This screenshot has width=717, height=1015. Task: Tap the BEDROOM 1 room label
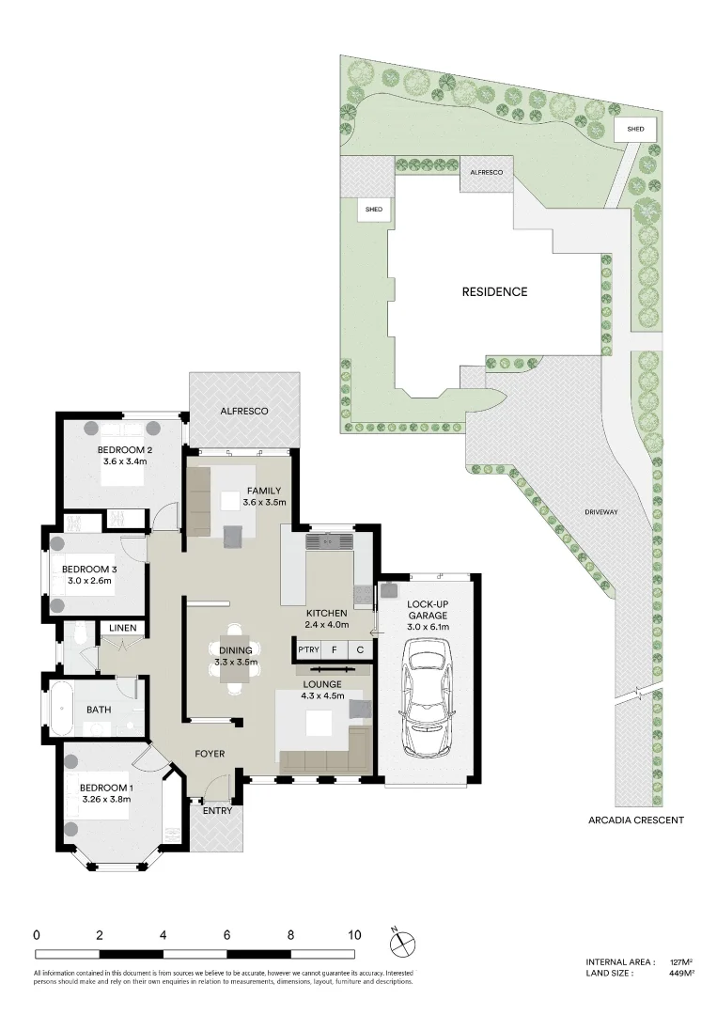106,788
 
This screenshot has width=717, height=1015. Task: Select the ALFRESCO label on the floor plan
244,412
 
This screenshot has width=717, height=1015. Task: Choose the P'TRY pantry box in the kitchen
307,649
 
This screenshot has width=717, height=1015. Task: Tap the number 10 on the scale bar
354,935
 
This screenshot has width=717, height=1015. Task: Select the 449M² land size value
681,974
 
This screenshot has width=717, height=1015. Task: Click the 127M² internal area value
681,962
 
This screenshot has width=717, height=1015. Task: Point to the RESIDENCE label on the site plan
494,291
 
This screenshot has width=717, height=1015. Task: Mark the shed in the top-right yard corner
635,129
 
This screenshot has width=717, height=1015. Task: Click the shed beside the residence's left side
373,211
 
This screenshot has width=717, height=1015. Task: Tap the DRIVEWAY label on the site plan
600,512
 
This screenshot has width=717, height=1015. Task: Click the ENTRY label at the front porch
216,810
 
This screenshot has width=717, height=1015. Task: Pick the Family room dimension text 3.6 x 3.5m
263,503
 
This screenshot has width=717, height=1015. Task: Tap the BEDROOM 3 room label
89,570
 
